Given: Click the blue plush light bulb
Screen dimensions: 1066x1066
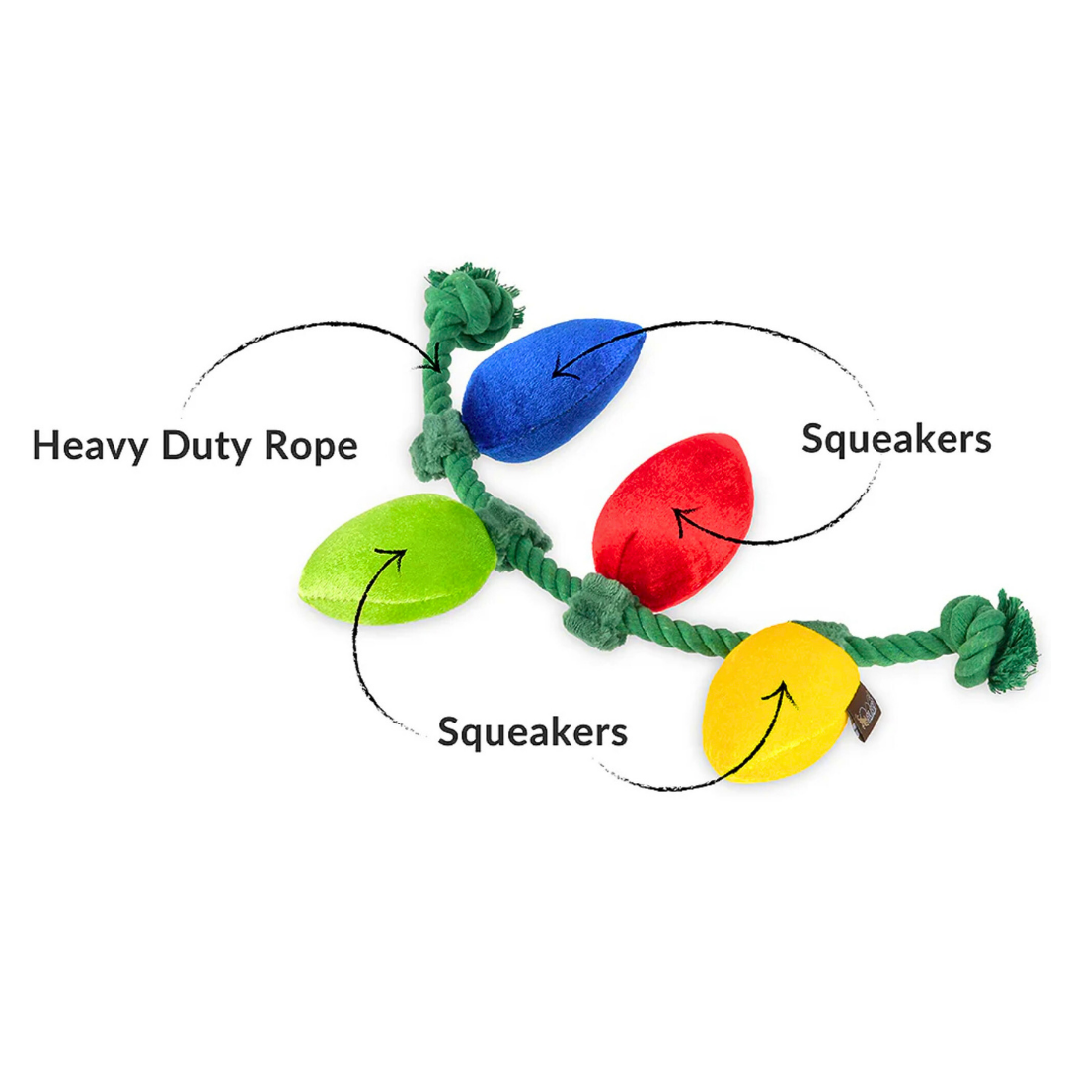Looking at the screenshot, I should [x=548, y=390].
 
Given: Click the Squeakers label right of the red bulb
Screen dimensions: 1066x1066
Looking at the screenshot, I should [x=895, y=439].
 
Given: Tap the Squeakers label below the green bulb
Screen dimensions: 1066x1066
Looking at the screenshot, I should [x=532, y=732].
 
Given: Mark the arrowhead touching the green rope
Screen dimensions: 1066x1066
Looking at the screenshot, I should [x=430, y=363].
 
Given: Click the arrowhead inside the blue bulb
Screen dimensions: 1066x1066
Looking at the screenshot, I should [x=560, y=371].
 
